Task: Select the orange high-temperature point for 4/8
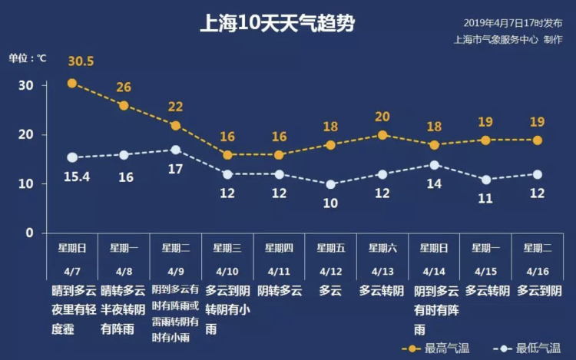(124, 105)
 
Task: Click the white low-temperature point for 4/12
(331, 184)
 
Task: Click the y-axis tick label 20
(27, 135)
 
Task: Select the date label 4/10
(227, 271)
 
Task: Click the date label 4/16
(538, 271)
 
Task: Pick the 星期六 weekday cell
(382, 248)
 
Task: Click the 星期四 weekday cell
(279, 248)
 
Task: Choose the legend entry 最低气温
(530, 348)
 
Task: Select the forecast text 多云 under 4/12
(330, 291)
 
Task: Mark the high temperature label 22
(176, 107)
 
